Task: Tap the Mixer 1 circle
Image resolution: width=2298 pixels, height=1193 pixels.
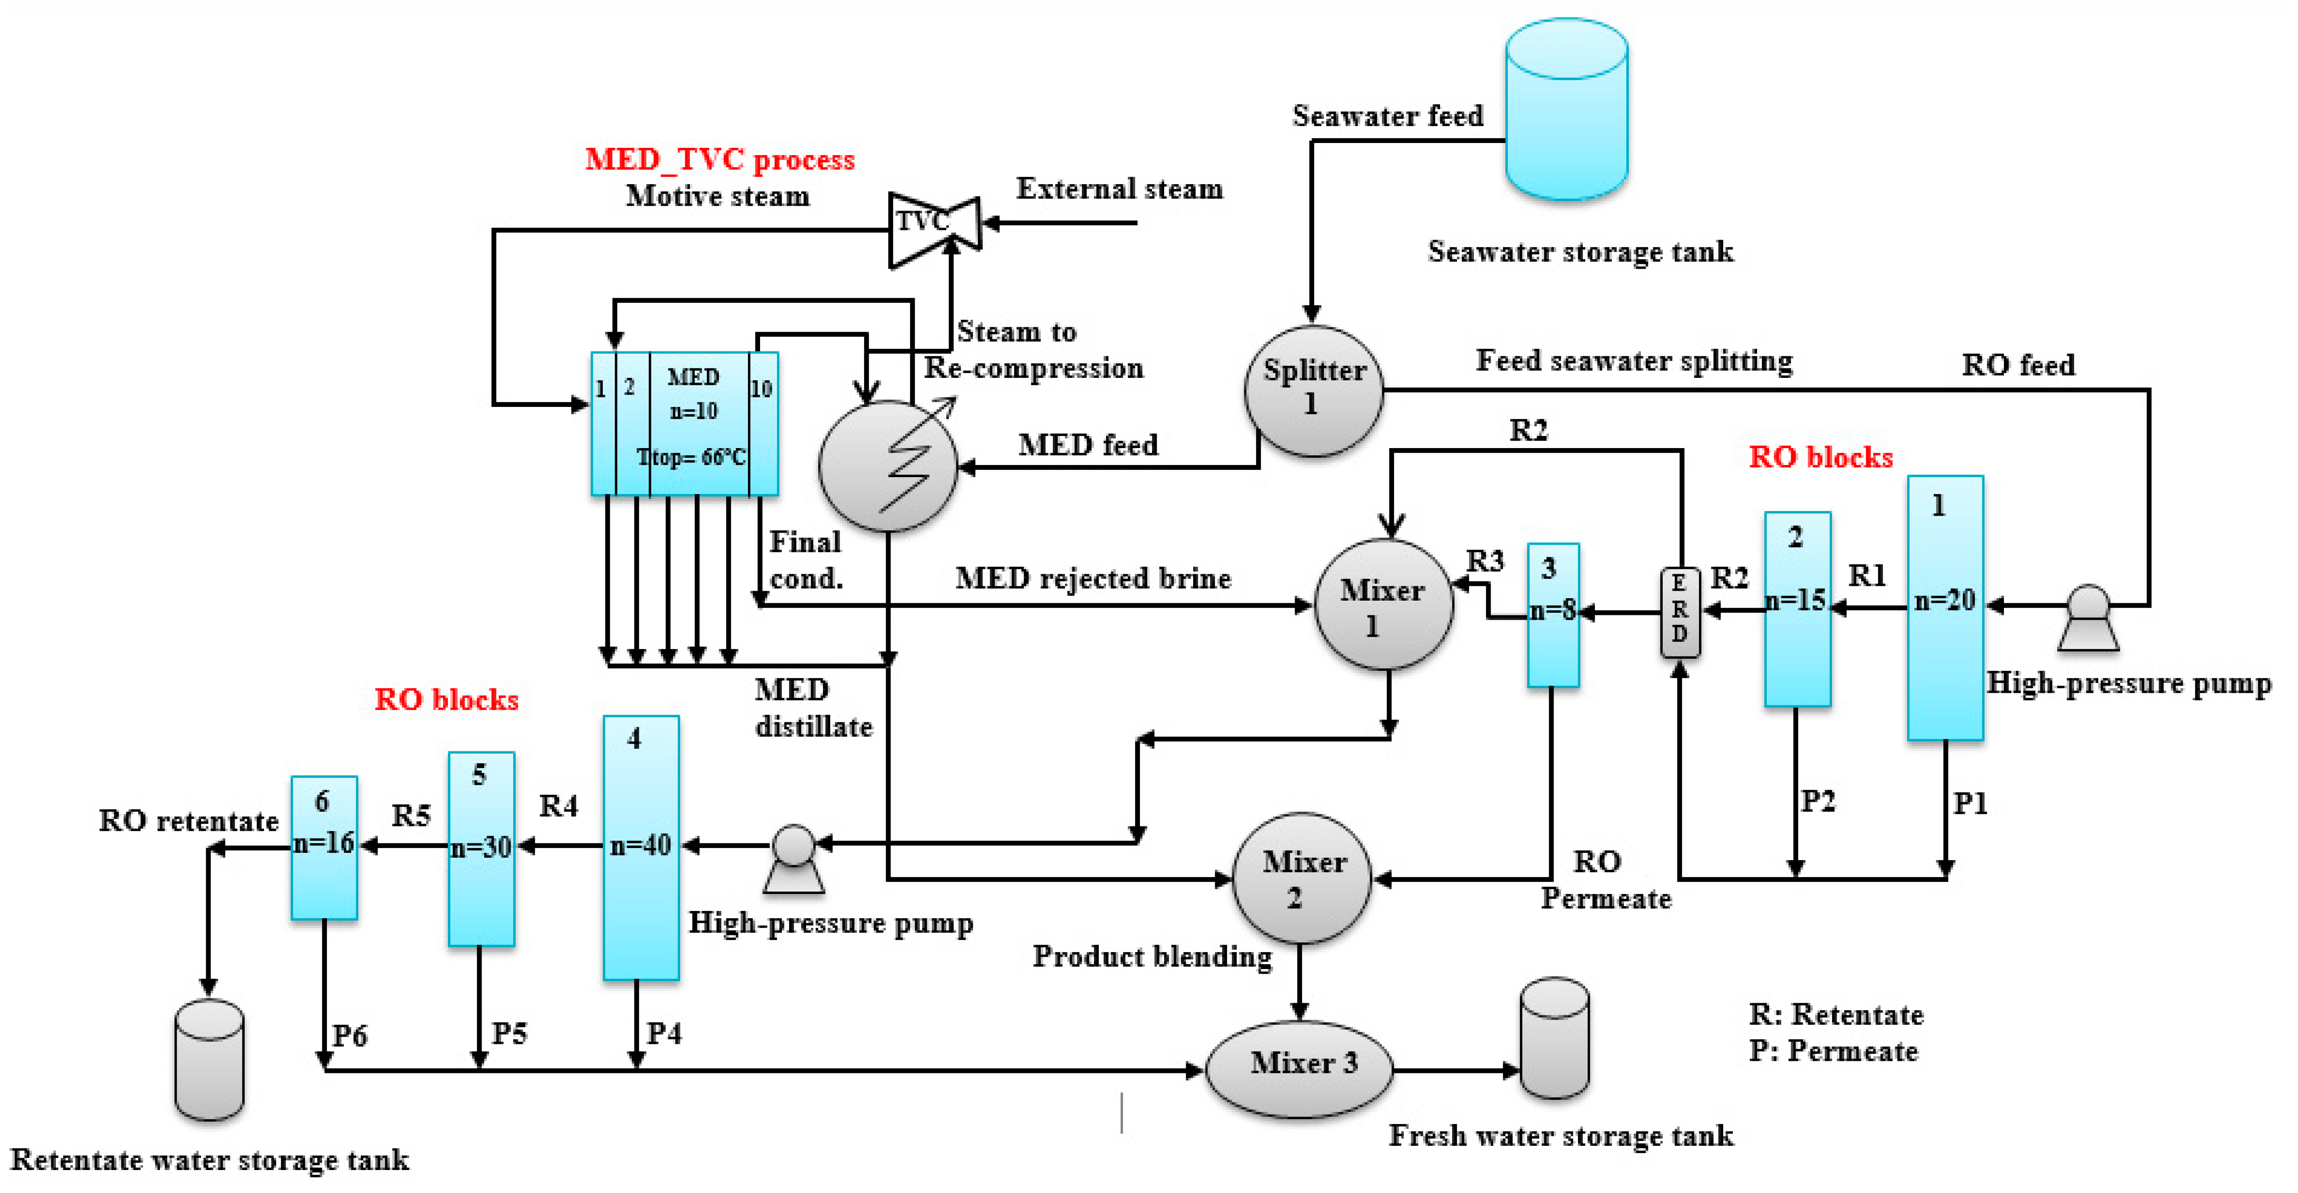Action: [1384, 605]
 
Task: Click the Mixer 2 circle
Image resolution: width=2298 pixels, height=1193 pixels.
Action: [1301, 878]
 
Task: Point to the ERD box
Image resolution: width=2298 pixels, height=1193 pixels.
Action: [1679, 612]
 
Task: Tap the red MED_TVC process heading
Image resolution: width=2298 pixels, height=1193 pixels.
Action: [719, 160]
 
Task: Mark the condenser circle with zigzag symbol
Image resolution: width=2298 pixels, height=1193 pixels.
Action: [887, 466]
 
